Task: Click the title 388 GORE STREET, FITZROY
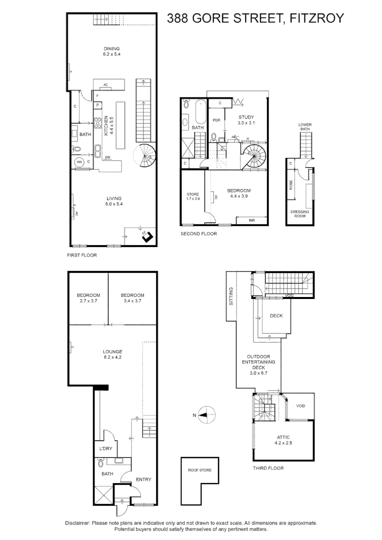click(x=255, y=18)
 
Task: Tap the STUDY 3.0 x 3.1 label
click(x=246, y=119)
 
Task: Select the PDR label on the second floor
click(x=216, y=120)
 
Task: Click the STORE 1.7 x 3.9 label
click(x=192, y=196)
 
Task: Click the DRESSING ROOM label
click(x=299, y=214)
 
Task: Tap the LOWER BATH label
click(x=304, y=127)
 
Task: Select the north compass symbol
click(x=205, y=414)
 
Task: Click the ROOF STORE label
click(x=199, y=470)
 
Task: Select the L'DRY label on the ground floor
click(x=105, y=448)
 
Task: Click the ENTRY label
click(x=143, y=479)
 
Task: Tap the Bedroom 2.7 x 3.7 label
click(x=88, y=298)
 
